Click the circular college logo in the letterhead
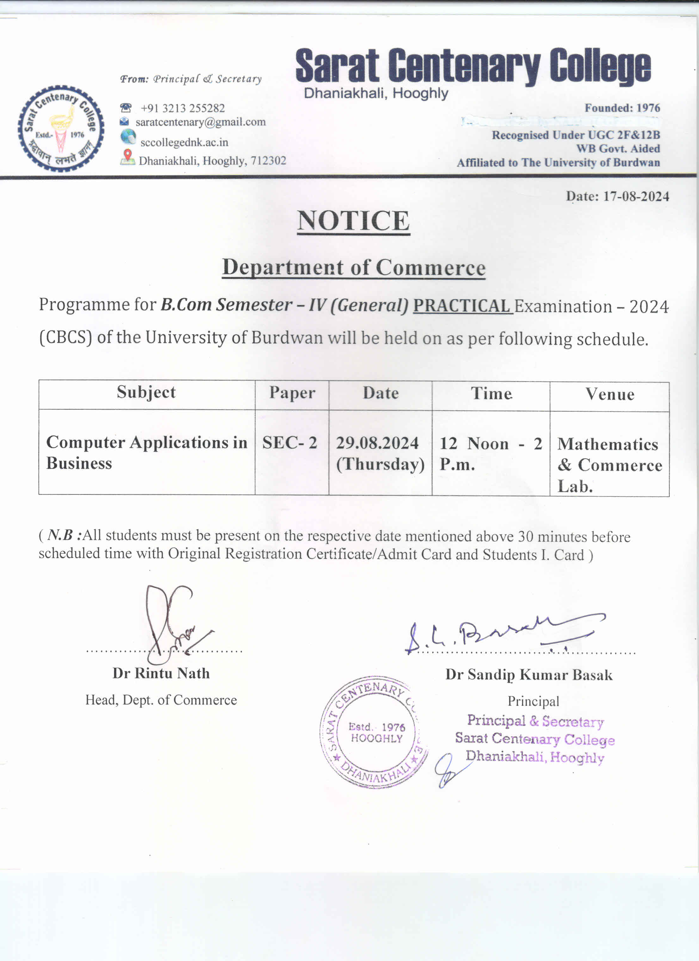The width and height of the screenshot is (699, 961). click(61, 129)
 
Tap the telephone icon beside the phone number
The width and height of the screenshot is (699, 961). click(126, 108)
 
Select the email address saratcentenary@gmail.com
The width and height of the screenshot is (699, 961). click(201, 122)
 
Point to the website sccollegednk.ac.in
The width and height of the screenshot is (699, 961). click(184, 142)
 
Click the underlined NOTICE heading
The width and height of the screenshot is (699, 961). click(353, 221)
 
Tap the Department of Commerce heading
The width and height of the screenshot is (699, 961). click(354, 268)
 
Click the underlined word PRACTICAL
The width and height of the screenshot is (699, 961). click(462, 306)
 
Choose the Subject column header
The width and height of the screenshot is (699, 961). click(146, 392)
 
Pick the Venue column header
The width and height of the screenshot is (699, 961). click(609, 394)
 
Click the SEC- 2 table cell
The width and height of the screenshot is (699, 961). click(290, 443)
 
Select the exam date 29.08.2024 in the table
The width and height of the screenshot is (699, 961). click(377, 443)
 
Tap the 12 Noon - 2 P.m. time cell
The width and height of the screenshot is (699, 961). click(491, 454)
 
